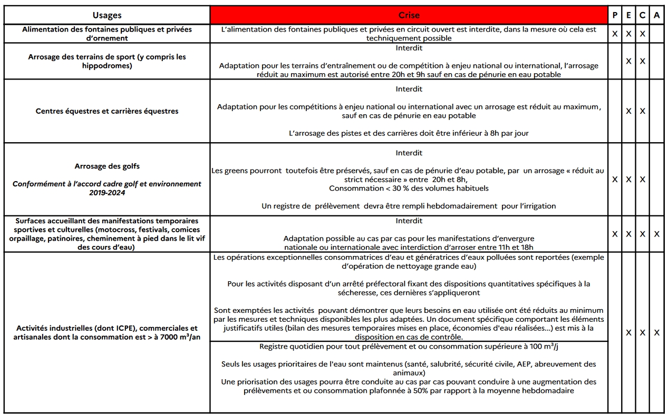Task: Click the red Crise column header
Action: click(x=409, y=15)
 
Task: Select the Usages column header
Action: click(x=107, y=15)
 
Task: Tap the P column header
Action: click(x=615, y=15)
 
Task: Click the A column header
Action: click(x=656, y=15)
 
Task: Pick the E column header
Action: click(x=628, y=15)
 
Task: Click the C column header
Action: click(x=642, y=15)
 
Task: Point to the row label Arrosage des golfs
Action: click(x=107, y=166)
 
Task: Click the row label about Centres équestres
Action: click(x=107, y=111)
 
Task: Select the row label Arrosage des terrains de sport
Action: click(x=107, y=61)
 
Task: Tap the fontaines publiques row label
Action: click(x=107, y=34)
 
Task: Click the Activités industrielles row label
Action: click(x=107, y=332)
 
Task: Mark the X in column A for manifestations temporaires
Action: click(x=656, y=234)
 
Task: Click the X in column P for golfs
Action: click(x=615, y=179)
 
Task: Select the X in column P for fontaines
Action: click(x=615, y=34)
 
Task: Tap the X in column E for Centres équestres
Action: click(x=628, y=111)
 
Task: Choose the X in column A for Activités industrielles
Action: click(x=656, y=332)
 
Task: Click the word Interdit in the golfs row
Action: click(x=409, y=153)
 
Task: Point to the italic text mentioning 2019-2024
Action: click(x=107, y=189)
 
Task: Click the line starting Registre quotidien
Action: click(x=409, y=347)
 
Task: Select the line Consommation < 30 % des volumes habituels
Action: click(x=409, y=188)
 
